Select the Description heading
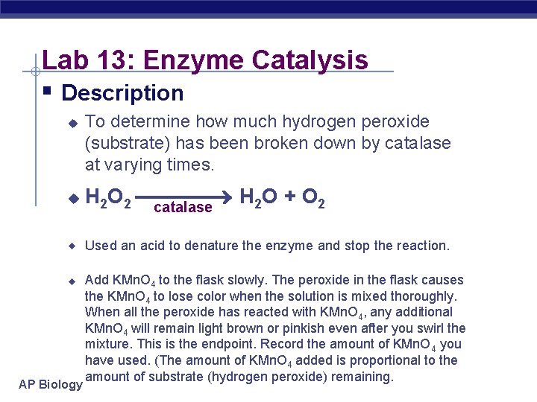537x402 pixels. pos(122,93)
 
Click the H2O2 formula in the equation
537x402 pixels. pos(109,199)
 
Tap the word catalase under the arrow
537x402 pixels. pos(183,208)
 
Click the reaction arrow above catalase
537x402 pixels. pos(186,198)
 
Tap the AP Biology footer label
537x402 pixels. pos(51,384)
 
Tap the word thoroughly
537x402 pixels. pos(419,296)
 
